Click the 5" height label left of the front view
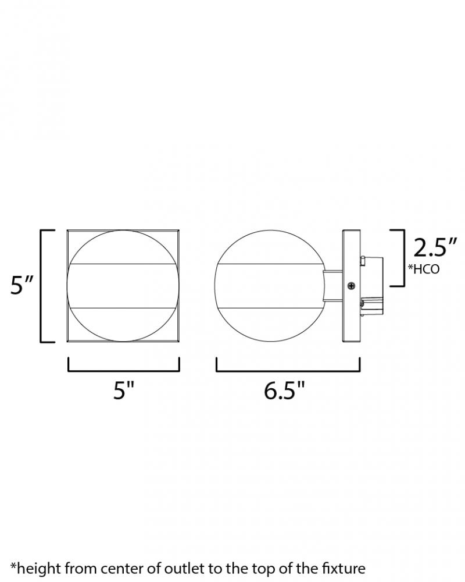pos(22,285)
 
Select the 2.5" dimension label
pos(435,247)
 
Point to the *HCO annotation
pos(424,269)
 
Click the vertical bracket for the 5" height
pos(41,286)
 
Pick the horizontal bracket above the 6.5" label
pos(288,370)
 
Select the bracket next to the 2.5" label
pos(403,258)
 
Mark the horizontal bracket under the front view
pos(123,370)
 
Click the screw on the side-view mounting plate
pos(351,286)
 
